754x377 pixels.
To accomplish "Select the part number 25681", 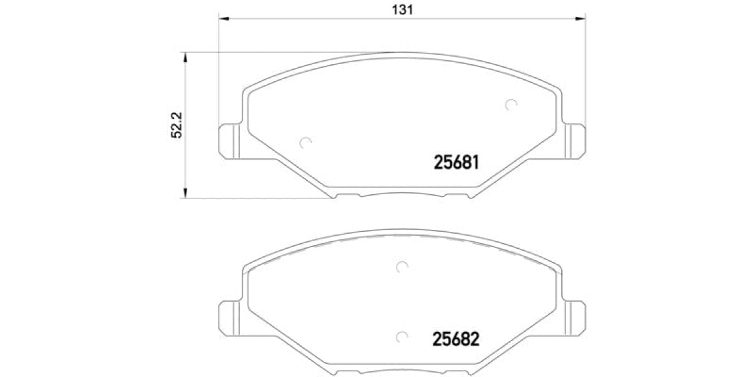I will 457,163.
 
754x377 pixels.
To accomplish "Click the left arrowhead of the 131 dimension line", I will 223,19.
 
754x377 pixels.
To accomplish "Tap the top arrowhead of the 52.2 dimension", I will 185,57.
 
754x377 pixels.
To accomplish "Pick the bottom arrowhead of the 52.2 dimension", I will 185,194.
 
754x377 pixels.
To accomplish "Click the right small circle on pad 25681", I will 511,105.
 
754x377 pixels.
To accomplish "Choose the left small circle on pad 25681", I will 305,143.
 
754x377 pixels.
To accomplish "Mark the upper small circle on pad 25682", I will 402,267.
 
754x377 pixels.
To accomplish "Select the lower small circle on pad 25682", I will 403,336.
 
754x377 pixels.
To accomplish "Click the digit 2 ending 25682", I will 475,339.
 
